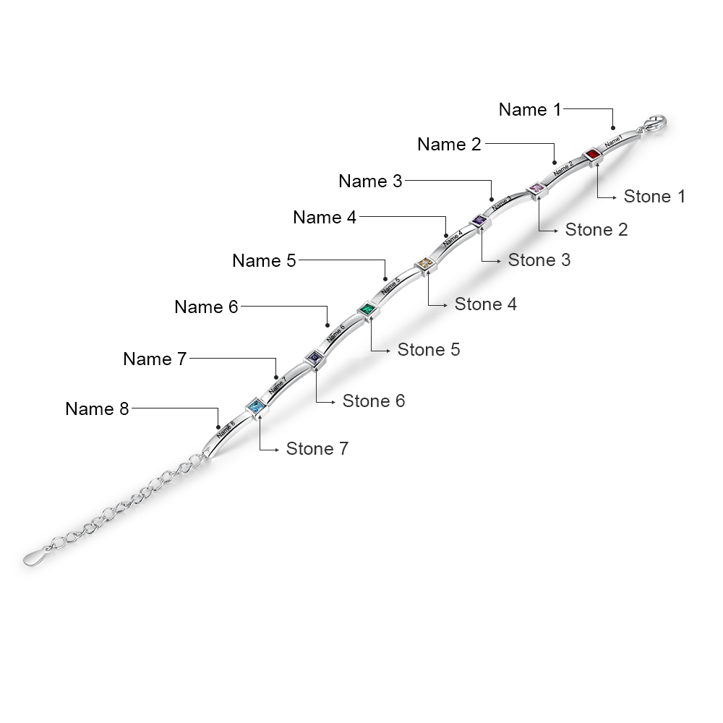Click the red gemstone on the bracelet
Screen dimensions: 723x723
click(x=592, y=154)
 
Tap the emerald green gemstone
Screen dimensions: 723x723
click(x=367, y=311)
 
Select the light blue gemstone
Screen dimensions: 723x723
click(x=254, y=408)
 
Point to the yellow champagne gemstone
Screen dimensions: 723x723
click(x=425, y=265)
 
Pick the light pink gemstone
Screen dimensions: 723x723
click(x=536, y=189)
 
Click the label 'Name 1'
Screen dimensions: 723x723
click(x=530, y=110)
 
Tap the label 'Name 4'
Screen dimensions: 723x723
click(x=325, y=217)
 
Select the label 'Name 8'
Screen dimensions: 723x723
click(x=97, y=408)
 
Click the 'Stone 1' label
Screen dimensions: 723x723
click(x=654, y=196)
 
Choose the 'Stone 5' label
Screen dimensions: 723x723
click(x=429, y=350)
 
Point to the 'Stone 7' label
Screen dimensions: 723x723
click(x=317, y=449)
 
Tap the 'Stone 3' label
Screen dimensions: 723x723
click(x=539, y=260)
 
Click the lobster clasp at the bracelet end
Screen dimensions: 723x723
click(x=654, y=124)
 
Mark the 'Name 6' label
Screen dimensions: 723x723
click(x=206, y=307)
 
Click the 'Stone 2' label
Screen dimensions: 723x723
click(x=596, y=230)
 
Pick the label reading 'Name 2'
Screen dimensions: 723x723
click(x=449, y=145)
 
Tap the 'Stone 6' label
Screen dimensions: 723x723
click(x=374, y=401)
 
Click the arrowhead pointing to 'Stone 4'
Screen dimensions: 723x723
click(x=445, y=305)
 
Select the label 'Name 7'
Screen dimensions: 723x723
click(x=155, y=359)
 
